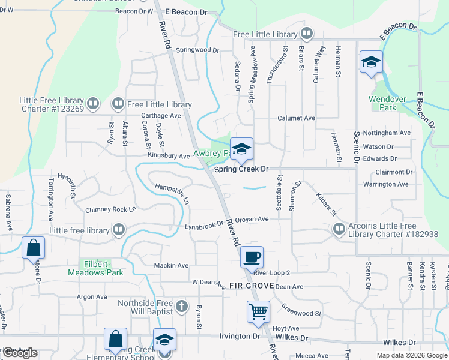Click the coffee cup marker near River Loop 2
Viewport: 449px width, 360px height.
[x=252, y=257]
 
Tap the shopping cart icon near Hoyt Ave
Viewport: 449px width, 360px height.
[x=258, y=311]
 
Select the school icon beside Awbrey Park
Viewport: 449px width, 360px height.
[x=241, y=149]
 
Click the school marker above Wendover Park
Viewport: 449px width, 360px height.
[x=371, y=62]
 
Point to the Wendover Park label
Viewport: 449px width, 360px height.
[x=384, y=103]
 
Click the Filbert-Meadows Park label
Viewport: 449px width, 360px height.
[x=102, y=268]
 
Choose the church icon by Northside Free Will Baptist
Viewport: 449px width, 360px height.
[x=182, y=307]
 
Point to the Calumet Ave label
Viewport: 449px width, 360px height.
[x=296, y=118]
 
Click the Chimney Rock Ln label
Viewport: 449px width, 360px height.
[x=111, y=209]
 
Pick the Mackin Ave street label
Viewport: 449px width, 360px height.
[x=171, y=265]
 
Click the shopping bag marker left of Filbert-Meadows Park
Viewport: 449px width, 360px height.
[x=33, y=247]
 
